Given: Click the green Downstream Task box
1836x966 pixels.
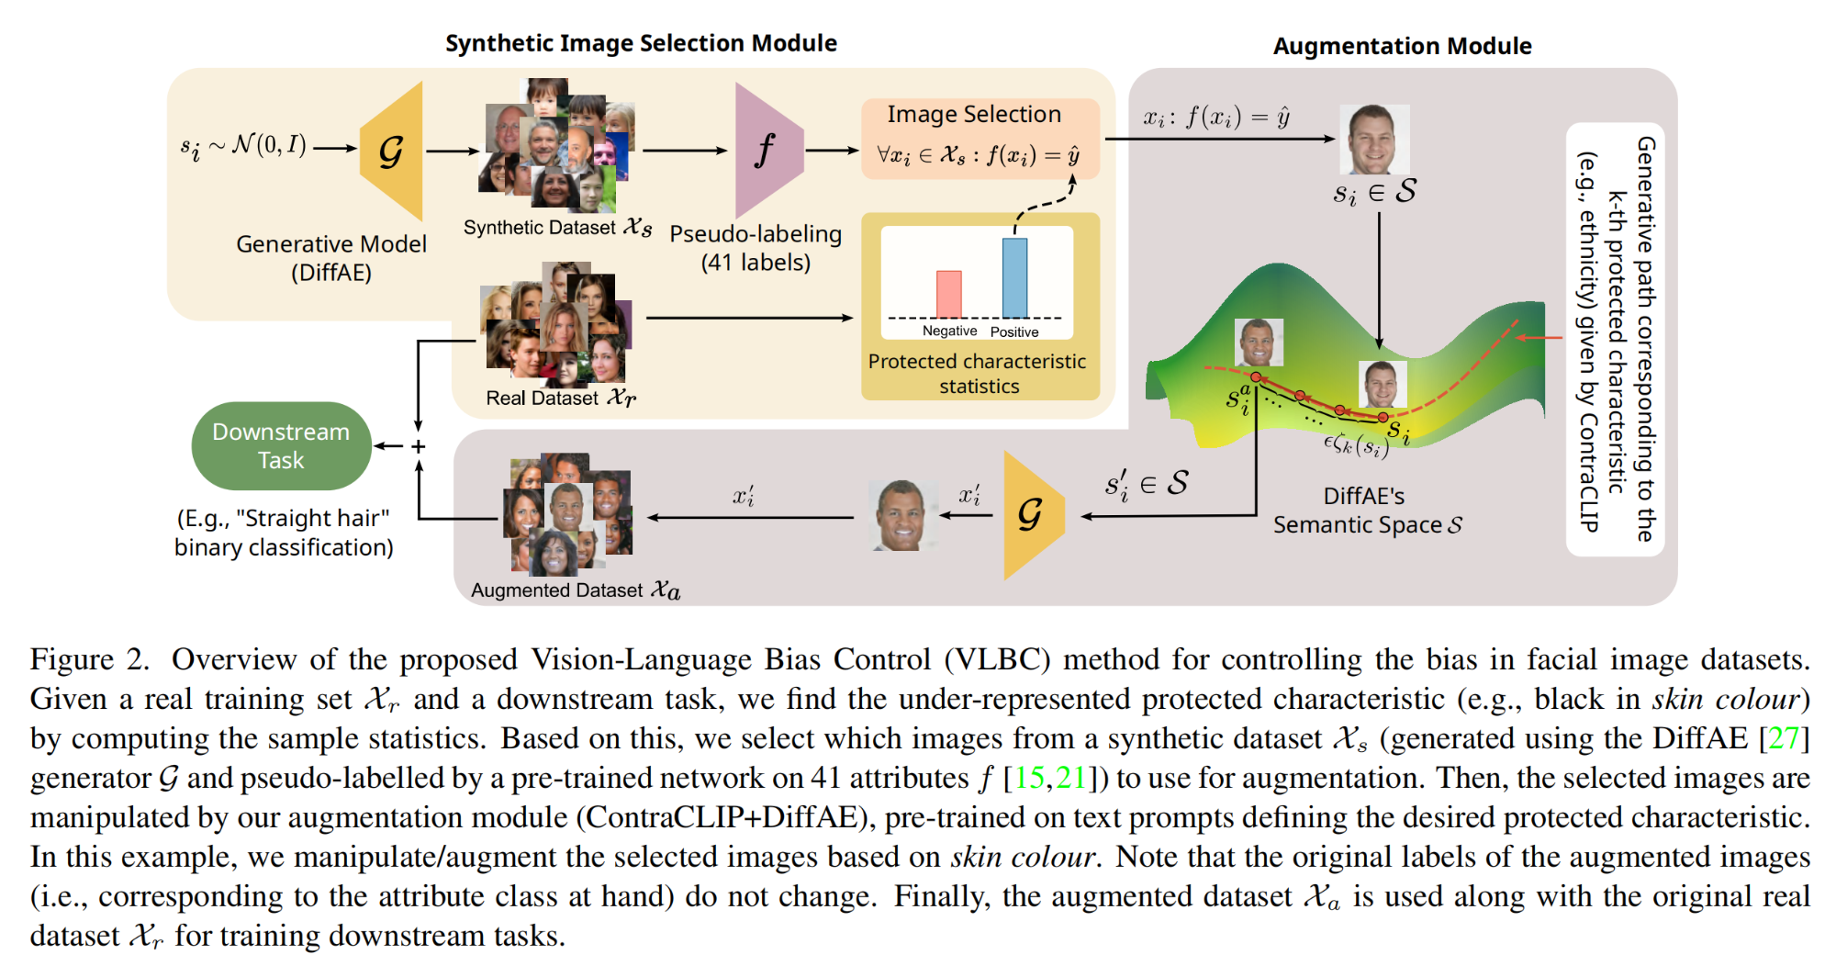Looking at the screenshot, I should pyautogui.click(x=281, y=445).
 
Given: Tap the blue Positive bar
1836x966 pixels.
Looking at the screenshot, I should pyautogui.click(x=1014, y=277).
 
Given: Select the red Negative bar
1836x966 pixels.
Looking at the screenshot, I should pyautogui.click(x=948, y=294).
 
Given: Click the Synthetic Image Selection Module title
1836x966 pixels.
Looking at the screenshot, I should pyautogui.click(x=641, y=43).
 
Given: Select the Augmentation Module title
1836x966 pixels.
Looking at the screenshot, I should pyautogui.click(x=1402, y=46).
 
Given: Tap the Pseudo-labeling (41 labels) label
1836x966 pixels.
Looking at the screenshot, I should pyautogui.click(x=756, y=248).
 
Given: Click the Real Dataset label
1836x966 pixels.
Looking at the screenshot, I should pyautogui.click(x=560, y=398).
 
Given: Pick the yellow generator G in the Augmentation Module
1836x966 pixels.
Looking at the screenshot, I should pyautogui.click(x=1032, y=515).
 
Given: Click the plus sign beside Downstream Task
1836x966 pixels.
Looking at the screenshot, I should pyautogui.click(x=419, y=446).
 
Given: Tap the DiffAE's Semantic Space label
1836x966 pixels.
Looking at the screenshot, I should pyautogui.click(x=1367, y=511).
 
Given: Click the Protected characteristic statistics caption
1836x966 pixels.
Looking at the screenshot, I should pyautogui.click(x=978, y=374).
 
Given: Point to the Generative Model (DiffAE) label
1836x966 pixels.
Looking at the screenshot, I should pyautogui.click(x=331, y=258).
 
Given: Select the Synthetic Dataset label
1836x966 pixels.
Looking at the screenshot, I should pyautogui.click(x=557, y=227).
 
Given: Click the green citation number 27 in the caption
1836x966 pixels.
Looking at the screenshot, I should pyautogui.click(x=1783, y=738).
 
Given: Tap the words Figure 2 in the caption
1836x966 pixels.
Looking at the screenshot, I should pyautogui.click(x=89, y=659).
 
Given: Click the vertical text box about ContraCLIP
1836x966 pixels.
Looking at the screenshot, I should pyautogui.click(x=1615, y=340).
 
